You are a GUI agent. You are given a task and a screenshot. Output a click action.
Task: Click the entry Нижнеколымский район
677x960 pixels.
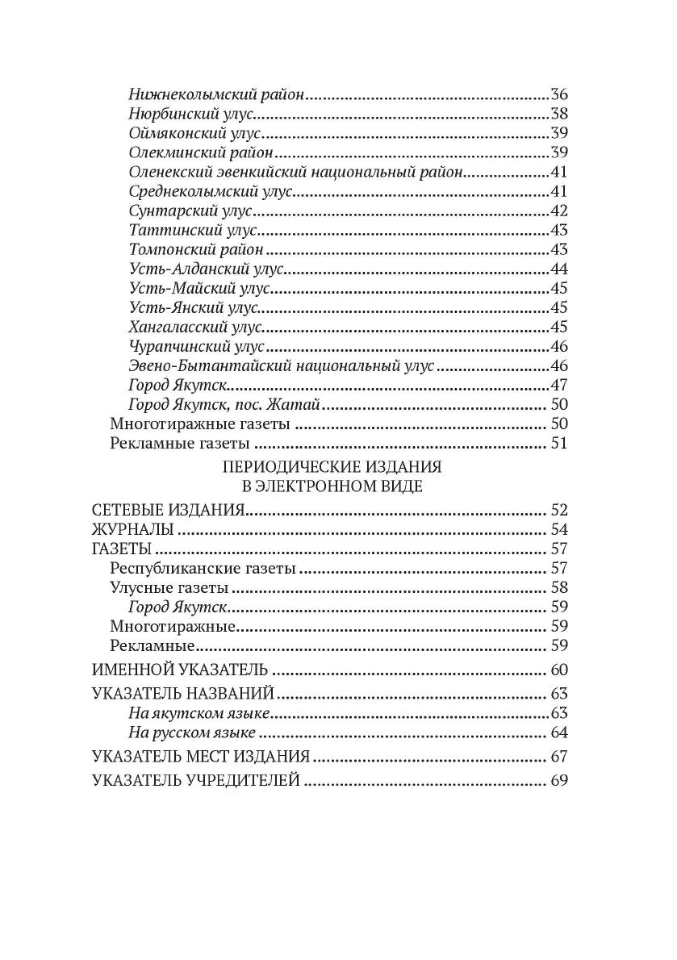point(216,94)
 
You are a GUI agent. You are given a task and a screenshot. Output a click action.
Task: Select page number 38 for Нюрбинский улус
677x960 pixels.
point(559,114)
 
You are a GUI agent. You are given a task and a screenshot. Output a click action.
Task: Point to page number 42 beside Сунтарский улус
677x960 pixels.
point(559,211)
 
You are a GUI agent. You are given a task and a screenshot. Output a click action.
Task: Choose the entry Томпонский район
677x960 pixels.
point(196,250)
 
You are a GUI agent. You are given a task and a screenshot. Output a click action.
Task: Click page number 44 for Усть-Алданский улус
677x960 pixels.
point(559,269)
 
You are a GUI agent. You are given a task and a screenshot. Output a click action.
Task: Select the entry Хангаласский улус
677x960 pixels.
point(196,328)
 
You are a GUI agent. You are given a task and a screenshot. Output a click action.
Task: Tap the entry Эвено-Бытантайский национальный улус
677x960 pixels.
point(282,367)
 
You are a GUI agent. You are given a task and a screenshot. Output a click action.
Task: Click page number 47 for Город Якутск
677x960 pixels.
point(559,386)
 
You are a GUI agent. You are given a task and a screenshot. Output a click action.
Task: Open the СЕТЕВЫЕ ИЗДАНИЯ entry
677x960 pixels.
point(169,510)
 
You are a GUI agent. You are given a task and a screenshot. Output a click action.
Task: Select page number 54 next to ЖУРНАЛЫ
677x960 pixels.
point(559,529)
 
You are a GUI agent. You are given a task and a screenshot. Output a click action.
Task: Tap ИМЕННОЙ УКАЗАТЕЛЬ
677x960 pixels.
point(181,670)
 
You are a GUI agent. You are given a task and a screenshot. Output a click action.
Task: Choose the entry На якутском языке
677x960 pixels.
point(199,713)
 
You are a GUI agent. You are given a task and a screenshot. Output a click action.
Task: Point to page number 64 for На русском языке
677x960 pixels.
point(559,733)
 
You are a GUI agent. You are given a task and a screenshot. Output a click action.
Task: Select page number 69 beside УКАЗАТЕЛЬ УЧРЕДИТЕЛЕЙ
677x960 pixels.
point(559,781)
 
